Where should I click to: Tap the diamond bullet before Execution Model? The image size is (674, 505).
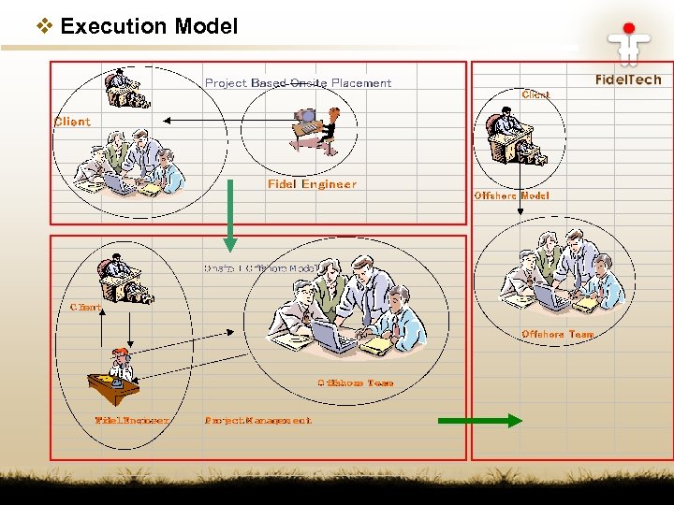[x=44, y=26]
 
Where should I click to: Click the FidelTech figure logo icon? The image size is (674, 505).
[x=628, y=41]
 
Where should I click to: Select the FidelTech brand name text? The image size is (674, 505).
[x=628, y=80]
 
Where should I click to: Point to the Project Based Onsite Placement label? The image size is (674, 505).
[x=298, y=83]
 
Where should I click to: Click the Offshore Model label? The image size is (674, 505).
[x=511, y=196]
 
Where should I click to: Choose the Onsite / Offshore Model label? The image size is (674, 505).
[x=263, y=268]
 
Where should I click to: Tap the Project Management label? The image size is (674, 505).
[x=257, y=421]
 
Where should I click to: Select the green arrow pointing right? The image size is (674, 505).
[x=480, y=421]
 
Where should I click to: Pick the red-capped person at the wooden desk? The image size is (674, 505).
[x=115, y=374]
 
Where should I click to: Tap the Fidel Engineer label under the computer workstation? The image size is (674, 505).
[x=312, y=185]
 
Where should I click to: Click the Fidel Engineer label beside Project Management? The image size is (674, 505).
[x=132, y=421]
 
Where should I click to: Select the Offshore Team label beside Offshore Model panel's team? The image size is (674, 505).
[x=558, y=335]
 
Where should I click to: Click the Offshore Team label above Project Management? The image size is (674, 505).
[x=355, y=382]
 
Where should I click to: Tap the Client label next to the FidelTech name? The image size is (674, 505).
[x=535, y=94]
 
